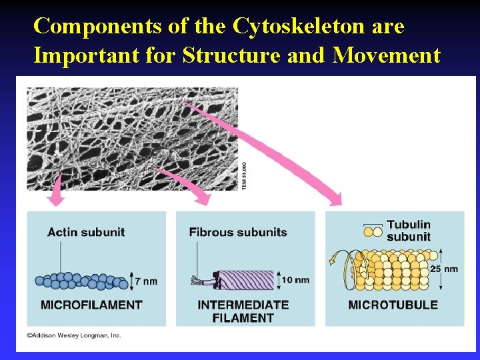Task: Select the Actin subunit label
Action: point(86,232)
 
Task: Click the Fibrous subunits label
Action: point(238,232)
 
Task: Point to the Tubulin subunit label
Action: point(409,231)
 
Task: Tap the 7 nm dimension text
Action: point(146,281)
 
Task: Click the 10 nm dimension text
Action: point(295,279)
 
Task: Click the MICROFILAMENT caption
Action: point(92,305)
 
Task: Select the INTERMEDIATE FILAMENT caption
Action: point(243,311)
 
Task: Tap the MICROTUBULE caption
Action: point(393,305)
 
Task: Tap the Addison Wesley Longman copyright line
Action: point(75,335)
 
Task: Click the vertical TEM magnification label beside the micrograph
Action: point(243,175)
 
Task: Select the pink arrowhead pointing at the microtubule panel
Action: point(333,198)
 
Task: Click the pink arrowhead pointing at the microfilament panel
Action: point(57,198)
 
